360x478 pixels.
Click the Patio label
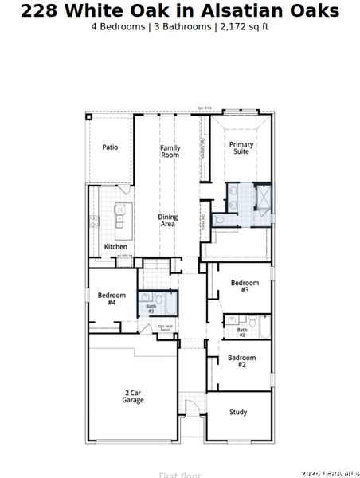point(110,147)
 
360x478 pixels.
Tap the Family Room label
point(170,151)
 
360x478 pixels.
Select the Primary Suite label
point(241,147)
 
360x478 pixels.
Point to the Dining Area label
point(167,221)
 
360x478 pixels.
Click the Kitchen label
point(115,247)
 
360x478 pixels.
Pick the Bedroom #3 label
point(245,287)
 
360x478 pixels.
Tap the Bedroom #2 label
point(242,361)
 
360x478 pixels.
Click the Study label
point(238,413)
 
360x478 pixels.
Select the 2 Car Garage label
point(133,396)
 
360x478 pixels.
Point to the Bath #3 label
point(151,308)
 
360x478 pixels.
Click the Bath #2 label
point(242,332)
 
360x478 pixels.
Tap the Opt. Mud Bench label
point(165,328)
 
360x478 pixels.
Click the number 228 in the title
point(41,11)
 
